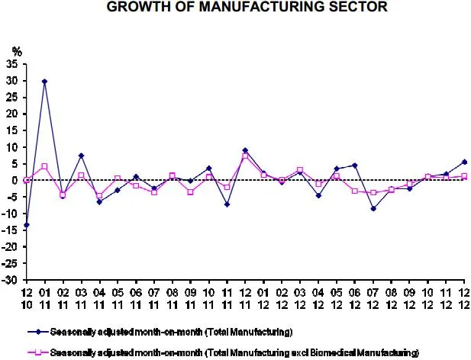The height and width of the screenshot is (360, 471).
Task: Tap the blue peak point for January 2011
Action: (x=44, y=81)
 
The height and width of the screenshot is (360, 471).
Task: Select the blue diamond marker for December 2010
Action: (x=26, y=225)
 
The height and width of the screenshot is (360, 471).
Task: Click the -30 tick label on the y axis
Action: (x=12, y=281)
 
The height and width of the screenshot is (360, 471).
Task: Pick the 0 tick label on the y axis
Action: (x=18, y=180)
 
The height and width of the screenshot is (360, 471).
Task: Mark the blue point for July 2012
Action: (x=373, y=208)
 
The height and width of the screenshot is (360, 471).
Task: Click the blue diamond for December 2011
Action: (x=245, y=150)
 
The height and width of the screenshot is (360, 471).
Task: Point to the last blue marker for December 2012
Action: (x=464, y=162)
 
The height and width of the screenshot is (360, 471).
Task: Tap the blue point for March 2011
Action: (x=81, y=156)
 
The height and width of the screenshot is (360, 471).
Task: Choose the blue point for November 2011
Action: (x=227, y=204)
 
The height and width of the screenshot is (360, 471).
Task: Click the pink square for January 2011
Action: (x=44, y=166)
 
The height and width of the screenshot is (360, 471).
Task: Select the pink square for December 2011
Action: (x=245, y=156)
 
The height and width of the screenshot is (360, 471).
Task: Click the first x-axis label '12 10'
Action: (x=26, y=298)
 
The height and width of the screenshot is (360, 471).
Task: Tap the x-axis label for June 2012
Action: (x=355, y=298)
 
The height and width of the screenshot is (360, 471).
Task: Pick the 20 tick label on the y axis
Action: (x=14, y=114)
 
